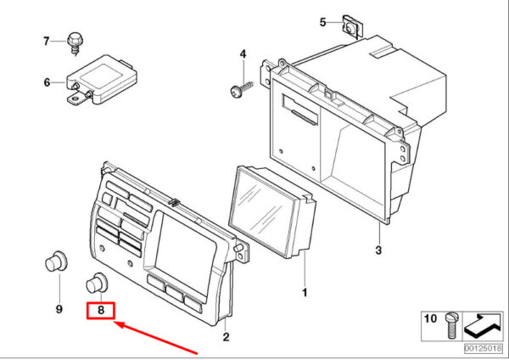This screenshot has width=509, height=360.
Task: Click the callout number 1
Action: (305, 293)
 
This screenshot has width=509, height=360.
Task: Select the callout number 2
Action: (226, 336)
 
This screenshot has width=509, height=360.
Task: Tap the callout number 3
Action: (378, 250)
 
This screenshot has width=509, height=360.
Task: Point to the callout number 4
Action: (243, 53)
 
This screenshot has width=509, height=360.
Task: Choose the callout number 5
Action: (322, 22)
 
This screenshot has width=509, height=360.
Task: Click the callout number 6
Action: (47, 82)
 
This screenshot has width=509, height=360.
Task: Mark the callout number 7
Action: (47, 42)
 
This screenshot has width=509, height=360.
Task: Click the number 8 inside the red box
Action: (101, 310)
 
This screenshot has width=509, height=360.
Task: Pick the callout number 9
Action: (59, 309)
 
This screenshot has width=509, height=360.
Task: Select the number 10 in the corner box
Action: (430, 318)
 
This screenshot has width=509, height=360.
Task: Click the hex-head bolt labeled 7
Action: (75, 42)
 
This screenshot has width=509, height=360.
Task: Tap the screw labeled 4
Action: (241, 89)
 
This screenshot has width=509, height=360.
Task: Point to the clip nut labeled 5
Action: (352, 27)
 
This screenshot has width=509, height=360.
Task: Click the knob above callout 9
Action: (56, 262)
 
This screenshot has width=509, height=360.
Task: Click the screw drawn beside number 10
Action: (450, 325)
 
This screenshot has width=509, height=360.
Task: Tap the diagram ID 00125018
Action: (483, 349)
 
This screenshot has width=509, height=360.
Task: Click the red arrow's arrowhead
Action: (120, 324)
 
